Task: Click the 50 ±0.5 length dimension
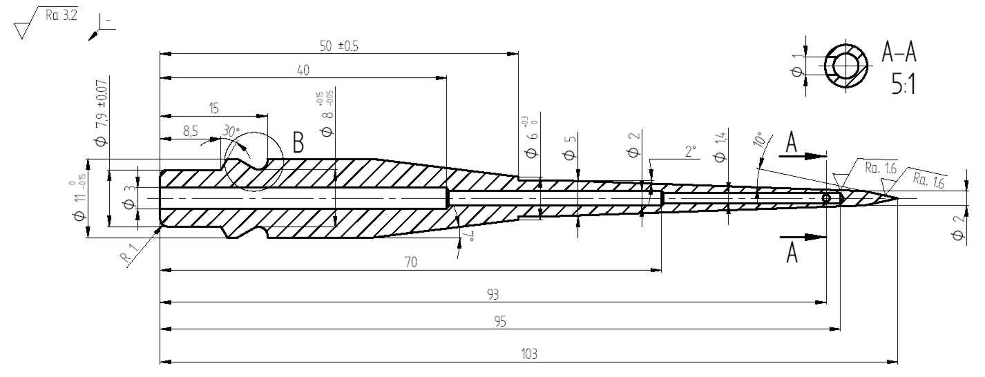click(x=340, y=46)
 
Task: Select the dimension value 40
click(x=303, y=70)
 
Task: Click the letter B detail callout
click(x=298, y=143)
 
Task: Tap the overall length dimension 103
click(x=528, y=354)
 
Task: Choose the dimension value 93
click(x=492, y=294)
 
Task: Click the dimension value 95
click(x=499, y=322)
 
